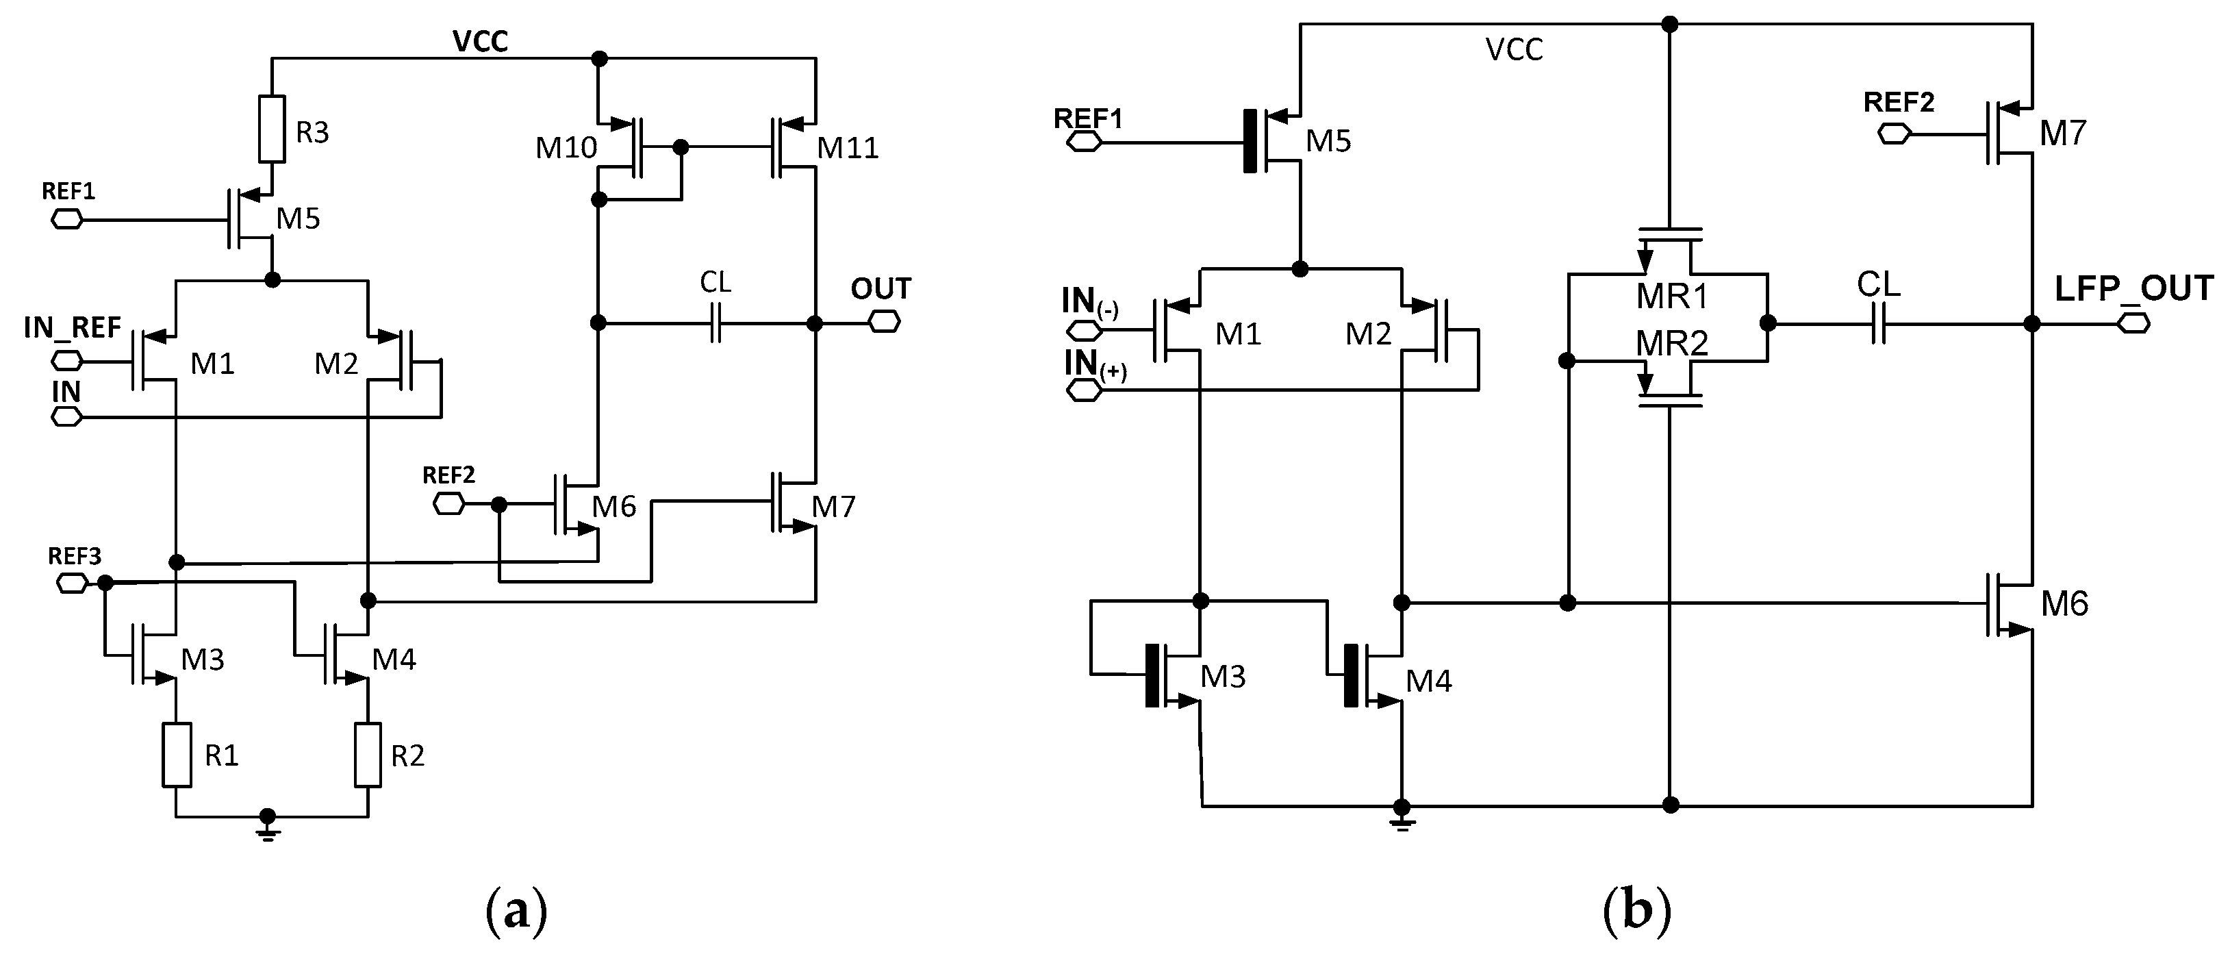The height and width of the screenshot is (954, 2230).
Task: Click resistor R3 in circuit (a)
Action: tap(272, 129)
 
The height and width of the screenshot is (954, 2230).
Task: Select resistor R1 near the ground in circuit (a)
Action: tap(177, 754)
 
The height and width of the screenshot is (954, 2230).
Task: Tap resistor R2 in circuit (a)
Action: tap(368, 754)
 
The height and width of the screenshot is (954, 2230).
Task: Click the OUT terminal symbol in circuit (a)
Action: tap(885, 323)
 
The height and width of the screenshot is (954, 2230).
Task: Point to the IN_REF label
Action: tap(72, 327)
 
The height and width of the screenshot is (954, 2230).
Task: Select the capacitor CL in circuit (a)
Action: tap(715, 323)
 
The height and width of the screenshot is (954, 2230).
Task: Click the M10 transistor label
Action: tap(566, 148)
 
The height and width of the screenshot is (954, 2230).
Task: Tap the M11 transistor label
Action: tap(848, 149)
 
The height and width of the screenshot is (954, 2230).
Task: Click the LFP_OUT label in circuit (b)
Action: tap(2133, 288)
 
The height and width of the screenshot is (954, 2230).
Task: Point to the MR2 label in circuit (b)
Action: tap(1671, 344)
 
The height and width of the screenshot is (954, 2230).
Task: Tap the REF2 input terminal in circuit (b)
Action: tap(1894, 134)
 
